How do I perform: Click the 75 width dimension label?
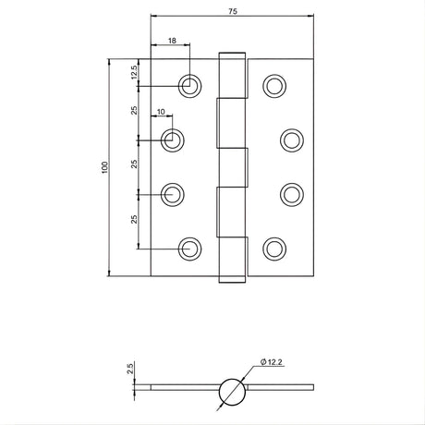pyautogui.click(x=233, y=11)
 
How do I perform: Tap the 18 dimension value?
pyautogui.click(x=172, y=41)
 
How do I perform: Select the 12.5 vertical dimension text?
pyautogui.click(x=134, y=72)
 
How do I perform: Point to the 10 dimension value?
pyautogui.click(x=161, y=112)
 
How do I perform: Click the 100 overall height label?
pyautogui.click(x=105, y=167)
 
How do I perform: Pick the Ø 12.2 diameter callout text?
pyautogui.click(x=271, y=362)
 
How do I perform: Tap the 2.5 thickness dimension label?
pyautogui.click(x=130, y=369)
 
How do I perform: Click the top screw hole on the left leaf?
pyautogui.click(x=189, y=86)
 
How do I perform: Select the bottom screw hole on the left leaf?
pyautogui.click(x=189, y=249)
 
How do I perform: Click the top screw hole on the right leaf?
pyautogui.click(x=274, y=86)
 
